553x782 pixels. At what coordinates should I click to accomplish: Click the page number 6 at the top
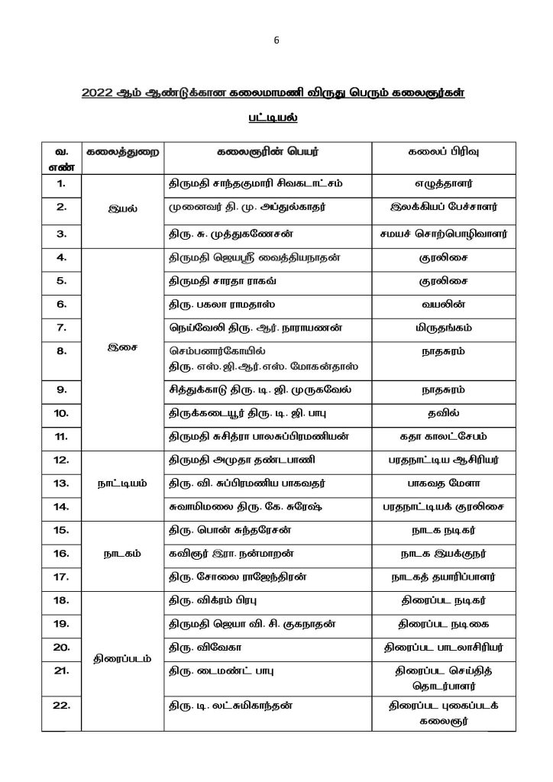[276, 43]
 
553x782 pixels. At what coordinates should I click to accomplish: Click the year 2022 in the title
[98, 94]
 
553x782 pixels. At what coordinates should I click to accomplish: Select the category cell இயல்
[118, 206]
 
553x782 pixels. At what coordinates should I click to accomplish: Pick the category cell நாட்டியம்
[118, 483]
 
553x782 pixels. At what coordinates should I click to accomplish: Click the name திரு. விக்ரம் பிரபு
[212, 603]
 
